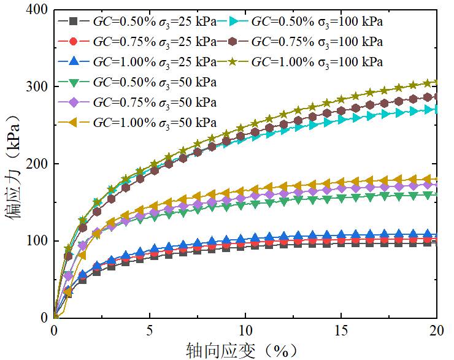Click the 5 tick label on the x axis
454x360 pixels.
150,331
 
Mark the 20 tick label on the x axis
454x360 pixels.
436,331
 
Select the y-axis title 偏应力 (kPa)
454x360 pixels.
13,163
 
